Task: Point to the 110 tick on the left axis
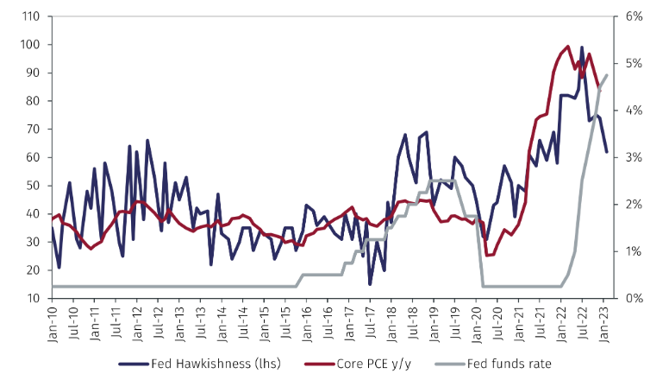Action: click(30, 16)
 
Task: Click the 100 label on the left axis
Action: click(30, 45)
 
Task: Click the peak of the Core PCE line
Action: click(567, 47)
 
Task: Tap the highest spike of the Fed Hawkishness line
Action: click(582, 47)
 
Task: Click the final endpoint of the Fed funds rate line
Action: click(606, 75)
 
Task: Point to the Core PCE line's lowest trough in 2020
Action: click(488, 255)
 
